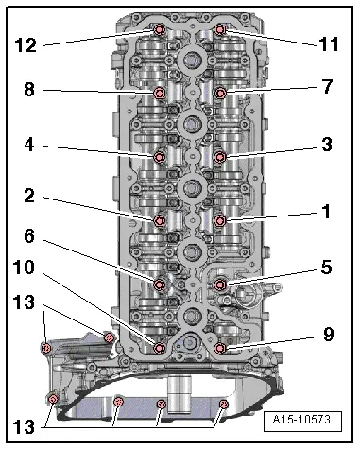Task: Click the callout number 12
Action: [26, 44]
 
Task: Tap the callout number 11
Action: [330, 43]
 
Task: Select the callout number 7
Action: [328, 86]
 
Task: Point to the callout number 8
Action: [29, 90]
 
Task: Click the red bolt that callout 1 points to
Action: [220, 220]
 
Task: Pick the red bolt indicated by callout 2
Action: [159, 220]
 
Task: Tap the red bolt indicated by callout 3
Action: [220, 157]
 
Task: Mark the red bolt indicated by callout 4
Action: [159, 157]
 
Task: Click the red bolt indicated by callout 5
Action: [220, 285]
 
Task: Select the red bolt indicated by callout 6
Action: [159, 285]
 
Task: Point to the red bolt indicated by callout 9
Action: [220, 348]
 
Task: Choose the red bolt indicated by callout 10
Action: [159, 348]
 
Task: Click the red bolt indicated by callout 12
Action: [159, 30]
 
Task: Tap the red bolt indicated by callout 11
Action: [220, 29]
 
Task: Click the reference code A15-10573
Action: [301, 420]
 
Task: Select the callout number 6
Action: [29, 236]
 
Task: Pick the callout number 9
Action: [328, 334]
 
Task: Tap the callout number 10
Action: [24, 268]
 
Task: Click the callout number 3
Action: [327, 145]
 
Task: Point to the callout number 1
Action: [327, 212]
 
